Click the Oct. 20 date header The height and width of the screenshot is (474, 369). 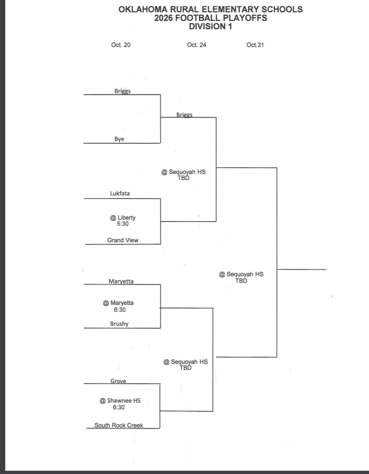click(121, 45)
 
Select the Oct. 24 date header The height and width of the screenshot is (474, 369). click(197, 45)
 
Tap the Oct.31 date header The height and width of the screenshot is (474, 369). click(255, 45)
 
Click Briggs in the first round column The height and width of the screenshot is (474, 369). click(123, 91)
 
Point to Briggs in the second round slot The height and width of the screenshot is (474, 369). click(184, 115)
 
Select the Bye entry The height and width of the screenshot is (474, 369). click(119, 139)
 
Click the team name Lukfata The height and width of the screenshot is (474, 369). click(120, 193)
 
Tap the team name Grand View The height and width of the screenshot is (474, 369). click(123, 240)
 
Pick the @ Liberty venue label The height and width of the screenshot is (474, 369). click(123, 218)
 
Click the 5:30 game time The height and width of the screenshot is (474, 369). click(123, 224)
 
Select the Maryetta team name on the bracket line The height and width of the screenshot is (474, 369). click(121, 281)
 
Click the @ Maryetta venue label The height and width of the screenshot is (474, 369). click(118, 303)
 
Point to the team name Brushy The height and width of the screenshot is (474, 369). click(119, 324)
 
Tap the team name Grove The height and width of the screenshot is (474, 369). click(118, 381)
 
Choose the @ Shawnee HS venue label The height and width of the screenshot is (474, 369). click(120, 400)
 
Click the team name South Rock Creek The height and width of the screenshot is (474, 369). click(119, 425)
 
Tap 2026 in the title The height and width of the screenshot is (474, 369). click(164, 18)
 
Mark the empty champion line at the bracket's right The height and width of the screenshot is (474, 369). click(301, 269)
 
